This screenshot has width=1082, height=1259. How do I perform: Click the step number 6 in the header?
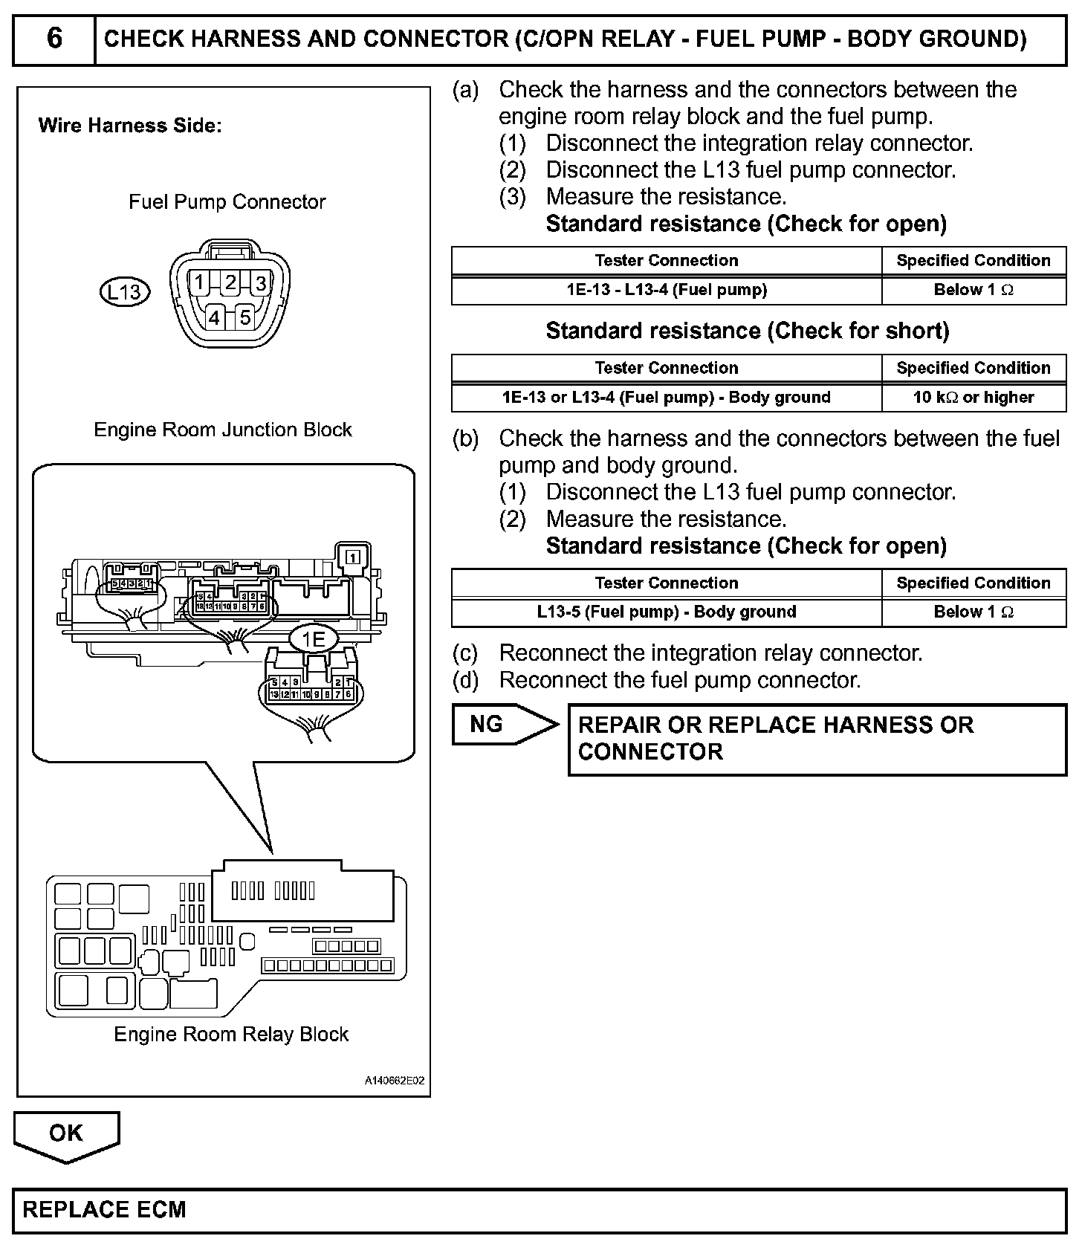click(54, 39)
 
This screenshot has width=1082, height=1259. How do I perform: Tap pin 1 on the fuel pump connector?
click(199, 282)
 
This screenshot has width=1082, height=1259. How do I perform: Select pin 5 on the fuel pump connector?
click(244, 317)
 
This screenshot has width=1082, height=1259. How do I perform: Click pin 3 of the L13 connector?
click(260, 282)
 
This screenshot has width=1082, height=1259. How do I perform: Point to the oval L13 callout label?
click(124, 292)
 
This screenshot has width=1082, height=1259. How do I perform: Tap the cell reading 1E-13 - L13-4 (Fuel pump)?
click(666, 290)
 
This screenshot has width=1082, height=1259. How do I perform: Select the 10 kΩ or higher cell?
click(973, 397)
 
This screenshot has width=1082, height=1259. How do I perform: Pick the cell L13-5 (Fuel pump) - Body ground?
click(666, 612)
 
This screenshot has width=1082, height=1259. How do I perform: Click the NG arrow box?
click(502, 724)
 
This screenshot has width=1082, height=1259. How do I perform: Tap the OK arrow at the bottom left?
click(66, 1134)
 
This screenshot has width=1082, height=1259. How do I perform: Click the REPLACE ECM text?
click(104, 1210)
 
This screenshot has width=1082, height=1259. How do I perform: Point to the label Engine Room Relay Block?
click(231, 1034)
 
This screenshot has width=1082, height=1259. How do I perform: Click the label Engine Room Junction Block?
click(223, 430)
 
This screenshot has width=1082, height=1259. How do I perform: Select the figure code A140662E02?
click(394, 1081)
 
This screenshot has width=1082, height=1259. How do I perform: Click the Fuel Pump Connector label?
click(227, 202)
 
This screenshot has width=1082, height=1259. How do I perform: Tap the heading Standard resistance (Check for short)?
click(747, 331)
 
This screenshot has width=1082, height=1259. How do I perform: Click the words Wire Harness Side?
click(130, 126)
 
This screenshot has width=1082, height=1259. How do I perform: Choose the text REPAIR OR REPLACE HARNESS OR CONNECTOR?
click(775, 738)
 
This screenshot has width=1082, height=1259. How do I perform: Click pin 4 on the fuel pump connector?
click(214, 317)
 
